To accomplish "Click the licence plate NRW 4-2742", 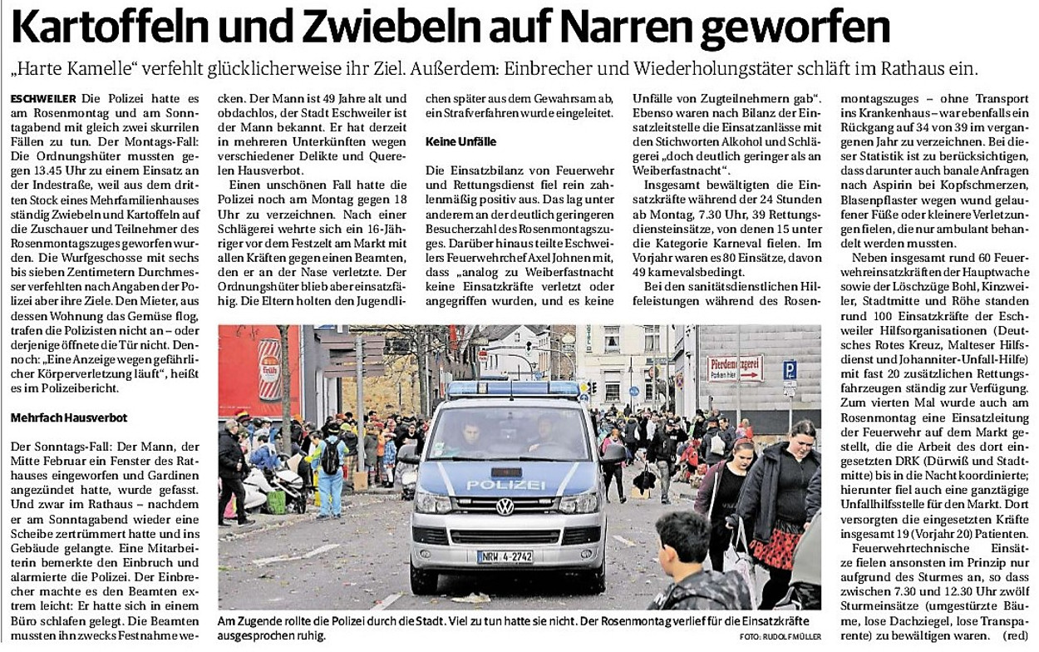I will pos(505,556).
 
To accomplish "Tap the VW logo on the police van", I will pos(505,507).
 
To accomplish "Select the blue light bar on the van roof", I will pos(513,389).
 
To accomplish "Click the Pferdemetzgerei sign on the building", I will pos(735,368).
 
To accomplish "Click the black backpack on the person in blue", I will pos(332,457).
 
